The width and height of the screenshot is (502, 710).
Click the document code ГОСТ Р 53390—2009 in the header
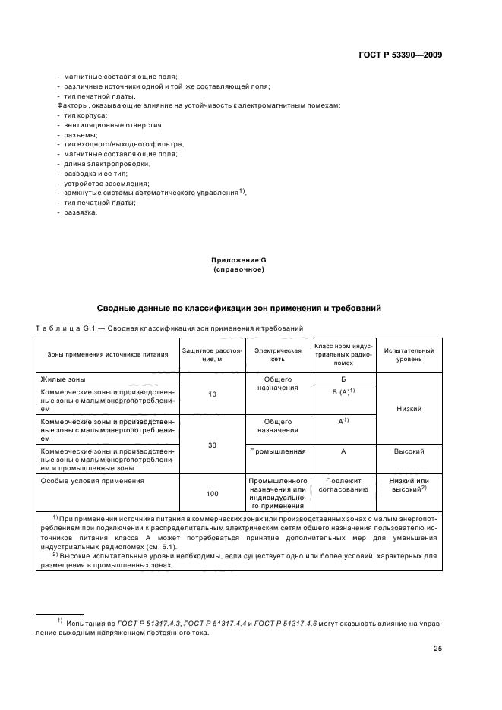(399, 55)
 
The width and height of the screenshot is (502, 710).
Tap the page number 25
(437, 648)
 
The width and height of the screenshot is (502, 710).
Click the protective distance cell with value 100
(212, 494)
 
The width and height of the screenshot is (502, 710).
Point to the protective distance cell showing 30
(212, 445)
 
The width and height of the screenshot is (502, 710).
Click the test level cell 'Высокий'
(409, 451)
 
